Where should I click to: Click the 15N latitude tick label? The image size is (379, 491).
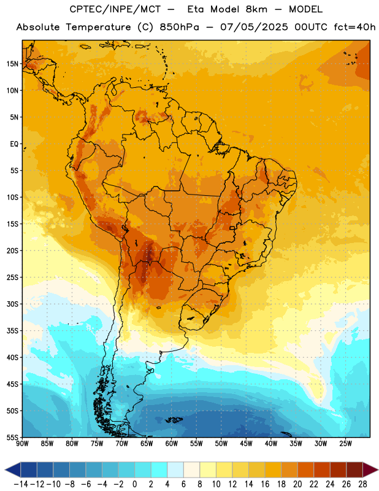pyautogui.click(x=12, y=64)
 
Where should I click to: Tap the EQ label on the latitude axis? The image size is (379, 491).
pyautogui.click(x=14, y=144)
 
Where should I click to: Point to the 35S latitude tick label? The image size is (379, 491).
pyautogui.click(x=12, y=331)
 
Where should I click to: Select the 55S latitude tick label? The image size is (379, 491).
pyautogui.click(x=12, y=437)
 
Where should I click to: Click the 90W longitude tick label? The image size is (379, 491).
pyautogui.click(x=22, y=443)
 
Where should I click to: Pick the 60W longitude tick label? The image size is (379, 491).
pyautogui.click(x=172, y=443)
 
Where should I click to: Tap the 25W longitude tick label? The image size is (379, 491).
pyautogui.click(x=345, y=443)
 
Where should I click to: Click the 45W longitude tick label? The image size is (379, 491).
pyautogui.click(x=246, y=443)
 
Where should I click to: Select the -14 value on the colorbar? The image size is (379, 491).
pyautogui.click(x=21, y=484)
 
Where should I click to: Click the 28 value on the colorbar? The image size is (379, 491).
pyautogui.click(x=362, y=484)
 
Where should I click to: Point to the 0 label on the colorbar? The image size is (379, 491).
pyautogui.click(x=134, y=484)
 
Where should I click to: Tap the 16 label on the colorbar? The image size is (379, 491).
pyautogui.click(x=265, y=484)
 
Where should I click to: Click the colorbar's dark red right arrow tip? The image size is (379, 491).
pyautogui.click(x=378, y=470)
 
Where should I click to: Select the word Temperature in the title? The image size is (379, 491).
pyautogui.click(x=98, y=27)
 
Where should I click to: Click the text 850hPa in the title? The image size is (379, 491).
pyautogui.click(x=179, y=27)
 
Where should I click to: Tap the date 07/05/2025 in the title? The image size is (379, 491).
pyautogui.click(x=254, y=27)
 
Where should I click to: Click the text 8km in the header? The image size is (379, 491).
pyautogui.click(x=256, y=9)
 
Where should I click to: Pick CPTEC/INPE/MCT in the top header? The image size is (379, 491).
pyautogui.click(x=115, y=9)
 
